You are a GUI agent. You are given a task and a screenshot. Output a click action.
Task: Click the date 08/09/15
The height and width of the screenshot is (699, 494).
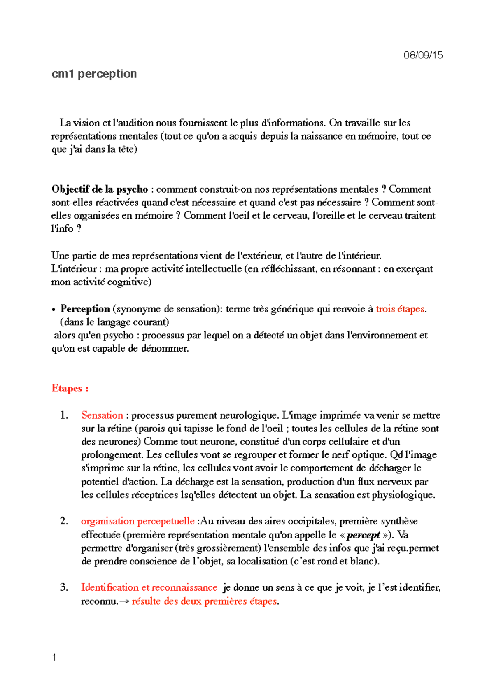point(423,55)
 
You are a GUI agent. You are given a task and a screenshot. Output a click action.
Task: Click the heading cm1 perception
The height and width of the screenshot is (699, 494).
point(94,74)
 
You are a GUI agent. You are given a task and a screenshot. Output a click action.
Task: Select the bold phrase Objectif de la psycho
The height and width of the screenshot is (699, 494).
point(100,189)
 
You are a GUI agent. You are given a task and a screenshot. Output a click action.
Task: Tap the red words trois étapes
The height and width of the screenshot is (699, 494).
point(400,309)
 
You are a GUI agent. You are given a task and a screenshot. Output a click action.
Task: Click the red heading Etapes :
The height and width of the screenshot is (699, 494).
point(70,388)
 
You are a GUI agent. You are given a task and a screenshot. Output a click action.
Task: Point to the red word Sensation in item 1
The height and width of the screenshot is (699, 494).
point(102,415)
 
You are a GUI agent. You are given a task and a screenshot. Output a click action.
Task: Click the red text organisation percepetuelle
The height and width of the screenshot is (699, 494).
point(137,521)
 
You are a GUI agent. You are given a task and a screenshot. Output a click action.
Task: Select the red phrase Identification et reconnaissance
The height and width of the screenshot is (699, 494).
point(149,587)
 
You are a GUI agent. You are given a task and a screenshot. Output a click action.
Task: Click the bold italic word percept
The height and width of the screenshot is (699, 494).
point(363,535)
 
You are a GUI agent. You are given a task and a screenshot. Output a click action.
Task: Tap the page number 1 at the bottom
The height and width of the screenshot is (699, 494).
point(54,657)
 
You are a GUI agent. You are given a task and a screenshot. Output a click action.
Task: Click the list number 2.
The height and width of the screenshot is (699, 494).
point(64,521)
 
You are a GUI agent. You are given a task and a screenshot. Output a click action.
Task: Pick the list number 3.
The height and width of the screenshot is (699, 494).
point(64,587)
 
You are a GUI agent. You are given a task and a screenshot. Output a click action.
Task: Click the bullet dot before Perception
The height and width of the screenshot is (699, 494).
point(54,310)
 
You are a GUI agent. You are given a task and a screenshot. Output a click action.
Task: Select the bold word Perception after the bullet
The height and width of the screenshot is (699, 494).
point(85,309)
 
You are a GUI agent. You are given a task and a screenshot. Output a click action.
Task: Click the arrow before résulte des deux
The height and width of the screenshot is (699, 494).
point(125,601)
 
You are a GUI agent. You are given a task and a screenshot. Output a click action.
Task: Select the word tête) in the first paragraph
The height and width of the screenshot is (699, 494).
point(128,149)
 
